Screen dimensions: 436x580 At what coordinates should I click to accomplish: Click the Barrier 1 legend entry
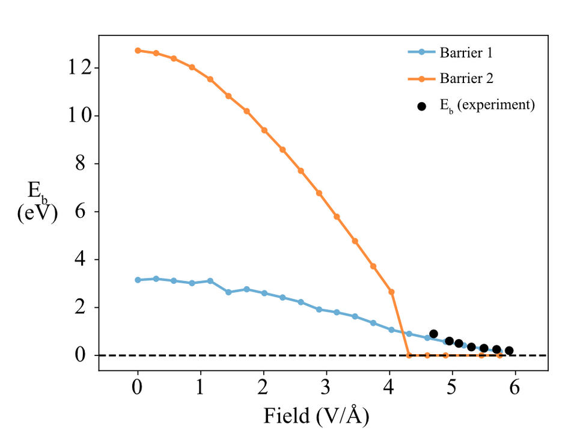[x=466, y=53]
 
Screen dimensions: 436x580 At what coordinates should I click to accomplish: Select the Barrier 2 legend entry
[x=466, y=78]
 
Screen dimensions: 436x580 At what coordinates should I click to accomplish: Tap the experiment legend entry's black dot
[x=421, y=106]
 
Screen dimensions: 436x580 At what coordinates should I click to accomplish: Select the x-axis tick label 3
[x=326, y=387]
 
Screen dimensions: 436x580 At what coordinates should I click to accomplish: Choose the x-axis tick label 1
[x=201, y=387]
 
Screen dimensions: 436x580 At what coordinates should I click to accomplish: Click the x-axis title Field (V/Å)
[x=316, y=415]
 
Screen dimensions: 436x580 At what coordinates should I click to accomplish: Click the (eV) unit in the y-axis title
[x=37, y=212]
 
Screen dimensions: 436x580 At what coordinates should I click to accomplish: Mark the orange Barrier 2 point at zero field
[x=138, y=51]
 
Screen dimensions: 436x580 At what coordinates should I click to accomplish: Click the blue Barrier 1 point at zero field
[x=138, y=280]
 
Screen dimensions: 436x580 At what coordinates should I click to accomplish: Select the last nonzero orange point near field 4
[x=391, y=292]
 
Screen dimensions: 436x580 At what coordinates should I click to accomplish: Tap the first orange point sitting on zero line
[x=409, y=355]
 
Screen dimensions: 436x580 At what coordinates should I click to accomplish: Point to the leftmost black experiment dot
[x=433, y=334]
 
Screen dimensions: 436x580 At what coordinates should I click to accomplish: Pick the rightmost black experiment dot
[x=509, y=351]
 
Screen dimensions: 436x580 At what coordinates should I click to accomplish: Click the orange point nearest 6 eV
[x=337, y=216]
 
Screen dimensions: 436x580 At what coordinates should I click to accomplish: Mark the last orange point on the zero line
[x=499, y=355]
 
